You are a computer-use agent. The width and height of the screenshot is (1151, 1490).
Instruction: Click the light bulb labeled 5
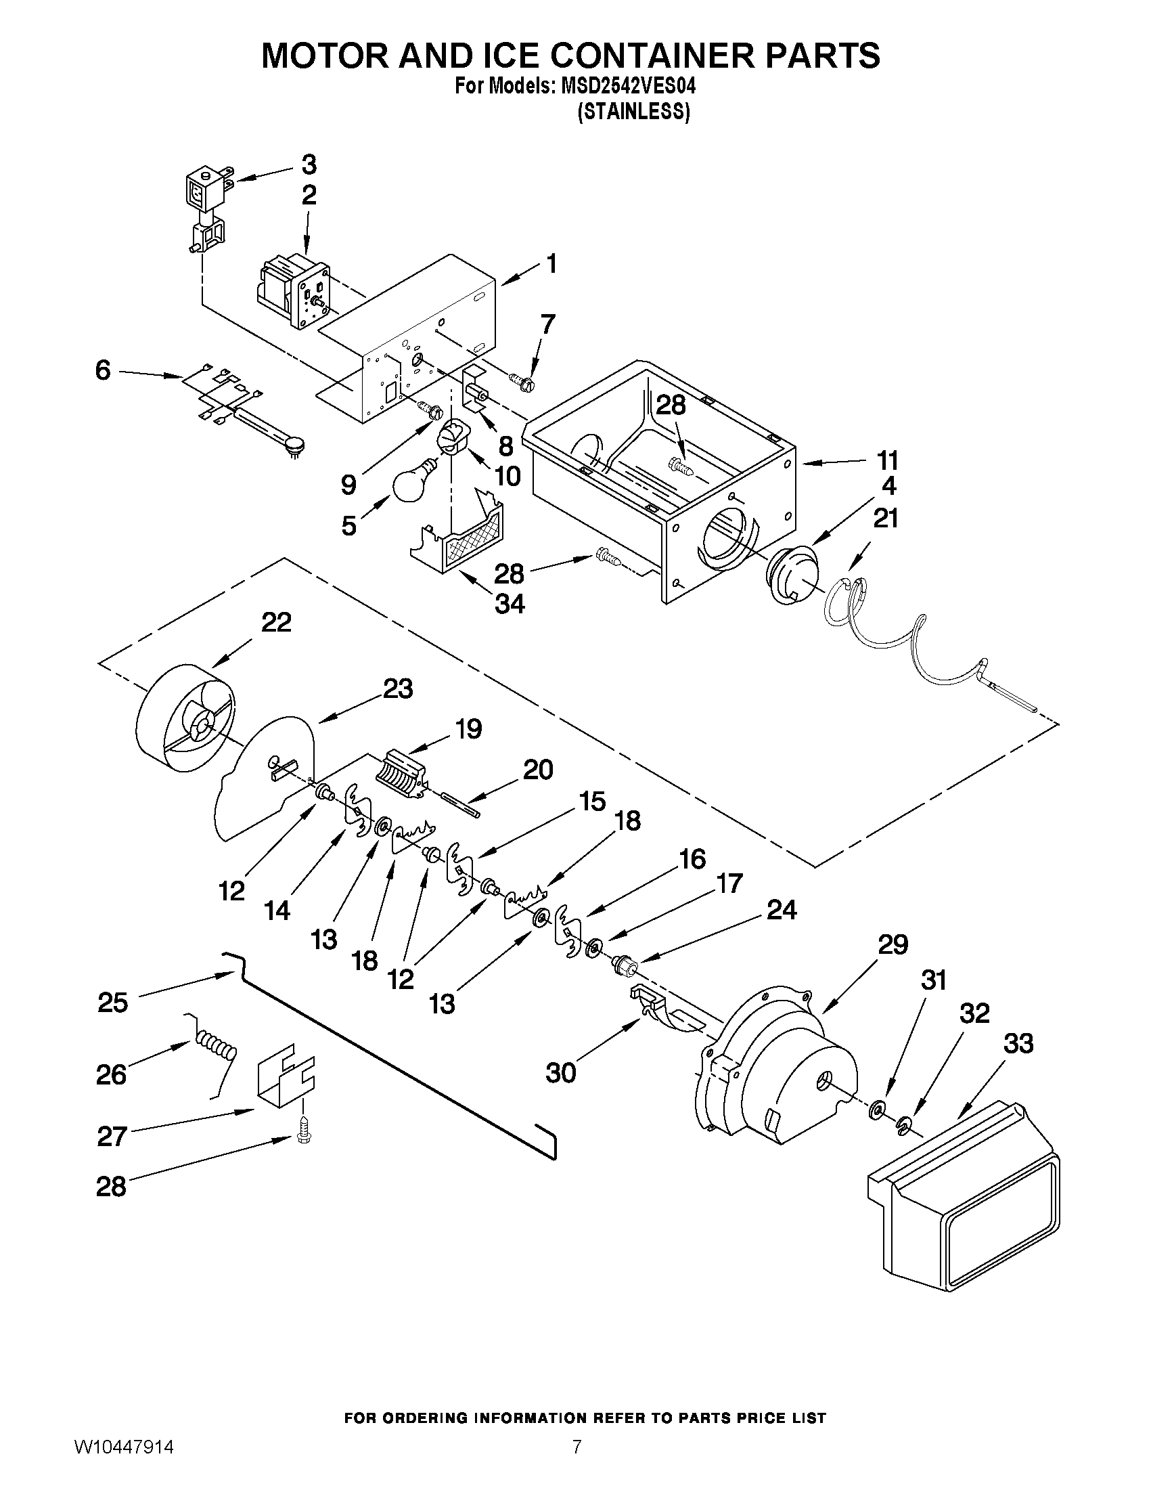coord(413,483)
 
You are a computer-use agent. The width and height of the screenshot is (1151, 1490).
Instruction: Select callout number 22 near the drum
coord(276,622)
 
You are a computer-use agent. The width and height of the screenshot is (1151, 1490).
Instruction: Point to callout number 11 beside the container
coord(887,460)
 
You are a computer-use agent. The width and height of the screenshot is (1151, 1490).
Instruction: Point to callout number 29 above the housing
coord(893,945)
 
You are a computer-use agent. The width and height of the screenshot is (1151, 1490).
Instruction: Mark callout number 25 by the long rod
coord(112,1002)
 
